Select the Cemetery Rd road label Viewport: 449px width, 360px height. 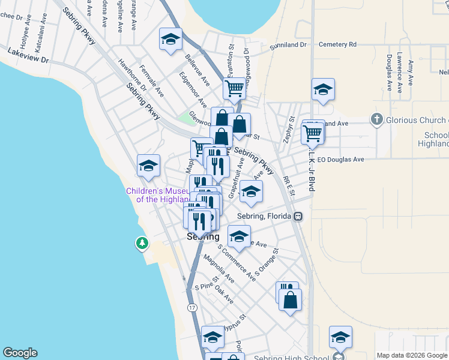[337, 44]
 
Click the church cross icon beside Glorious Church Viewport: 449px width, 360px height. [376, 119]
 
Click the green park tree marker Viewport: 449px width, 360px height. [142, 243]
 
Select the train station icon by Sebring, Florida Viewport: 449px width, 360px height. [297, 216]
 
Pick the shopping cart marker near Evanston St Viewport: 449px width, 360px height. [234, 89]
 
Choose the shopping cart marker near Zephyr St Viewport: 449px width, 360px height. [312, 134]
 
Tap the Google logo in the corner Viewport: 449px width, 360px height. [20, 353]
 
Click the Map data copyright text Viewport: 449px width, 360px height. [412, 355]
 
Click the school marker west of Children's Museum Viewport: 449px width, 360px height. [148, 166]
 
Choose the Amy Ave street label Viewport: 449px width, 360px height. [411, 72]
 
